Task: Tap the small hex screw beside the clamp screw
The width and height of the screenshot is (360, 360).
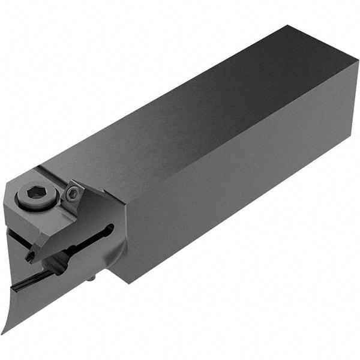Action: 72,192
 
